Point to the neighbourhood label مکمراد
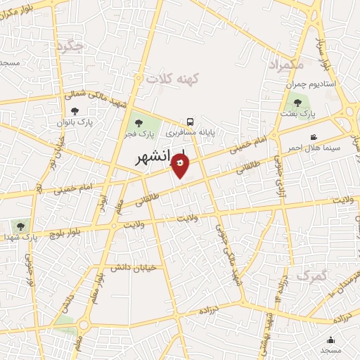pos(287,65)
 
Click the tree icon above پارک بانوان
pos(75,111)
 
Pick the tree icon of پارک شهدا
pos(19,226)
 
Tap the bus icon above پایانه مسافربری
pos(191,120)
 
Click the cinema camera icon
pos(313,136)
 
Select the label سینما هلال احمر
pos(312,148)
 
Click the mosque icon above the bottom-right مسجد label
pos(331,340)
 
